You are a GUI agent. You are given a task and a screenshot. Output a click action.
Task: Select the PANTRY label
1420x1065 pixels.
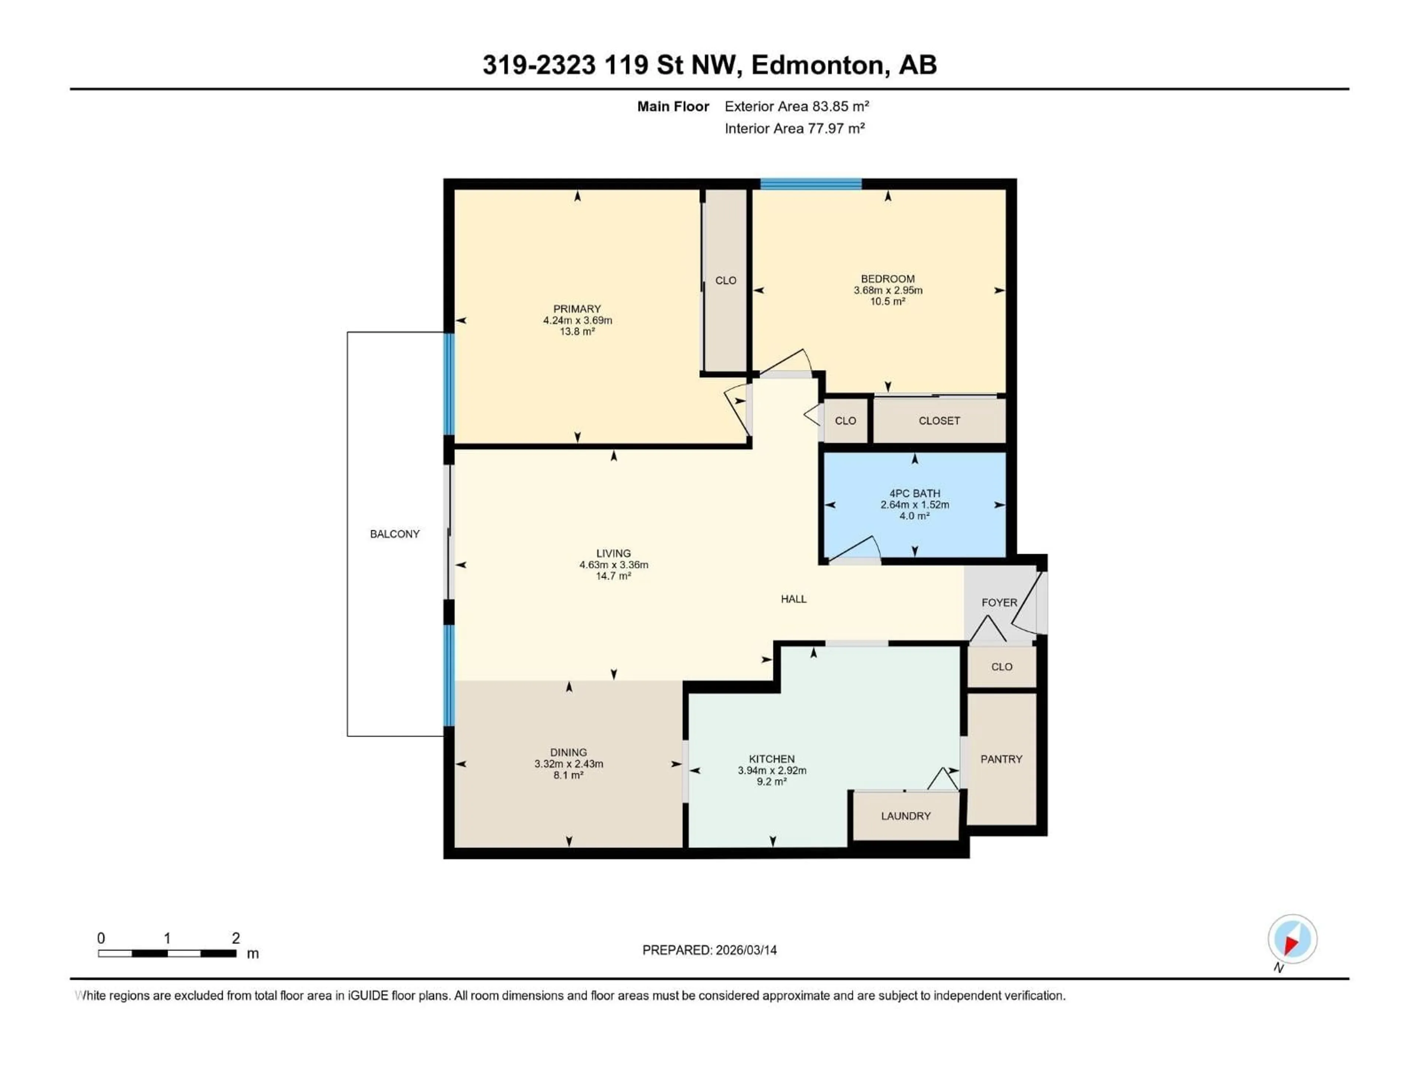click(x=1001, y=759)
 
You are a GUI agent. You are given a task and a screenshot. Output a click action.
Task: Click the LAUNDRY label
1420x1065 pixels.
click(x=905, y=816)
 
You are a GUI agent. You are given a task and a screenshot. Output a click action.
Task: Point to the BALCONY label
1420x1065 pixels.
click(x=394, y=534)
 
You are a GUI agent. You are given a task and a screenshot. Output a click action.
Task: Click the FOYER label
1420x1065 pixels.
click(x=999, y=602)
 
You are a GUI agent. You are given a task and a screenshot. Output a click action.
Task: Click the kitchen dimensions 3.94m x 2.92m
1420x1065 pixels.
click(x=772, y=770)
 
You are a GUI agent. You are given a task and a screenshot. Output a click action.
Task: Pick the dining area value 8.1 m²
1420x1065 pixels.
click(x=568, y=775)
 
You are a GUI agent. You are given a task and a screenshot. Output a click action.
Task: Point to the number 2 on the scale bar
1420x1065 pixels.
click(x=236, y=938)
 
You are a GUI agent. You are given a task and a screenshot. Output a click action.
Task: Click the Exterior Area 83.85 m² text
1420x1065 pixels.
click(x=796, y=106)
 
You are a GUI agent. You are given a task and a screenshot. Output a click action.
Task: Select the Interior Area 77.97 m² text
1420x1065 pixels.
click(x=794, y=128)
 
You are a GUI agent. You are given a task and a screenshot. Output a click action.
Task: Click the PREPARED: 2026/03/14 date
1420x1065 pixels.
click(x=709, y=950)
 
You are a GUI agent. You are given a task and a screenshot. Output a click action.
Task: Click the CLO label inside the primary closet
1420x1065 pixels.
click(x=726, y=281)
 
